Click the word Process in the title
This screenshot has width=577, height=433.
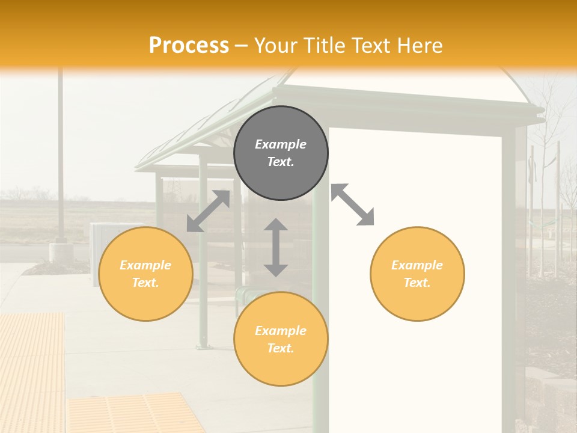tap(189, 46)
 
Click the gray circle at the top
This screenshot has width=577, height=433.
tap(281, 153)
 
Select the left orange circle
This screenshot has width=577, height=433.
tap(145, 274)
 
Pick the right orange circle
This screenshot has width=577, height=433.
tap(417, 274)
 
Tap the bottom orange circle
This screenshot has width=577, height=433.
tap(281, 339)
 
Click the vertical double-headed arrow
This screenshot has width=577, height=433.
tap(276, 247)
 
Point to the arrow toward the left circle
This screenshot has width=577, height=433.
tap(208, 211)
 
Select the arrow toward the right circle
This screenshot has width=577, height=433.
tap(353, 204)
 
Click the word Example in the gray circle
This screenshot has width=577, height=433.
tap(281, 144)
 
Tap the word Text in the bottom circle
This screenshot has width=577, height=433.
tap(281, 348)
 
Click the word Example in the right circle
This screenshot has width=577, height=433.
tap(417, 265)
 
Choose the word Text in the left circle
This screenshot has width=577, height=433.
tap(145, 283)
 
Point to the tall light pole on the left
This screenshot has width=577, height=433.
tap(61, 156)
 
